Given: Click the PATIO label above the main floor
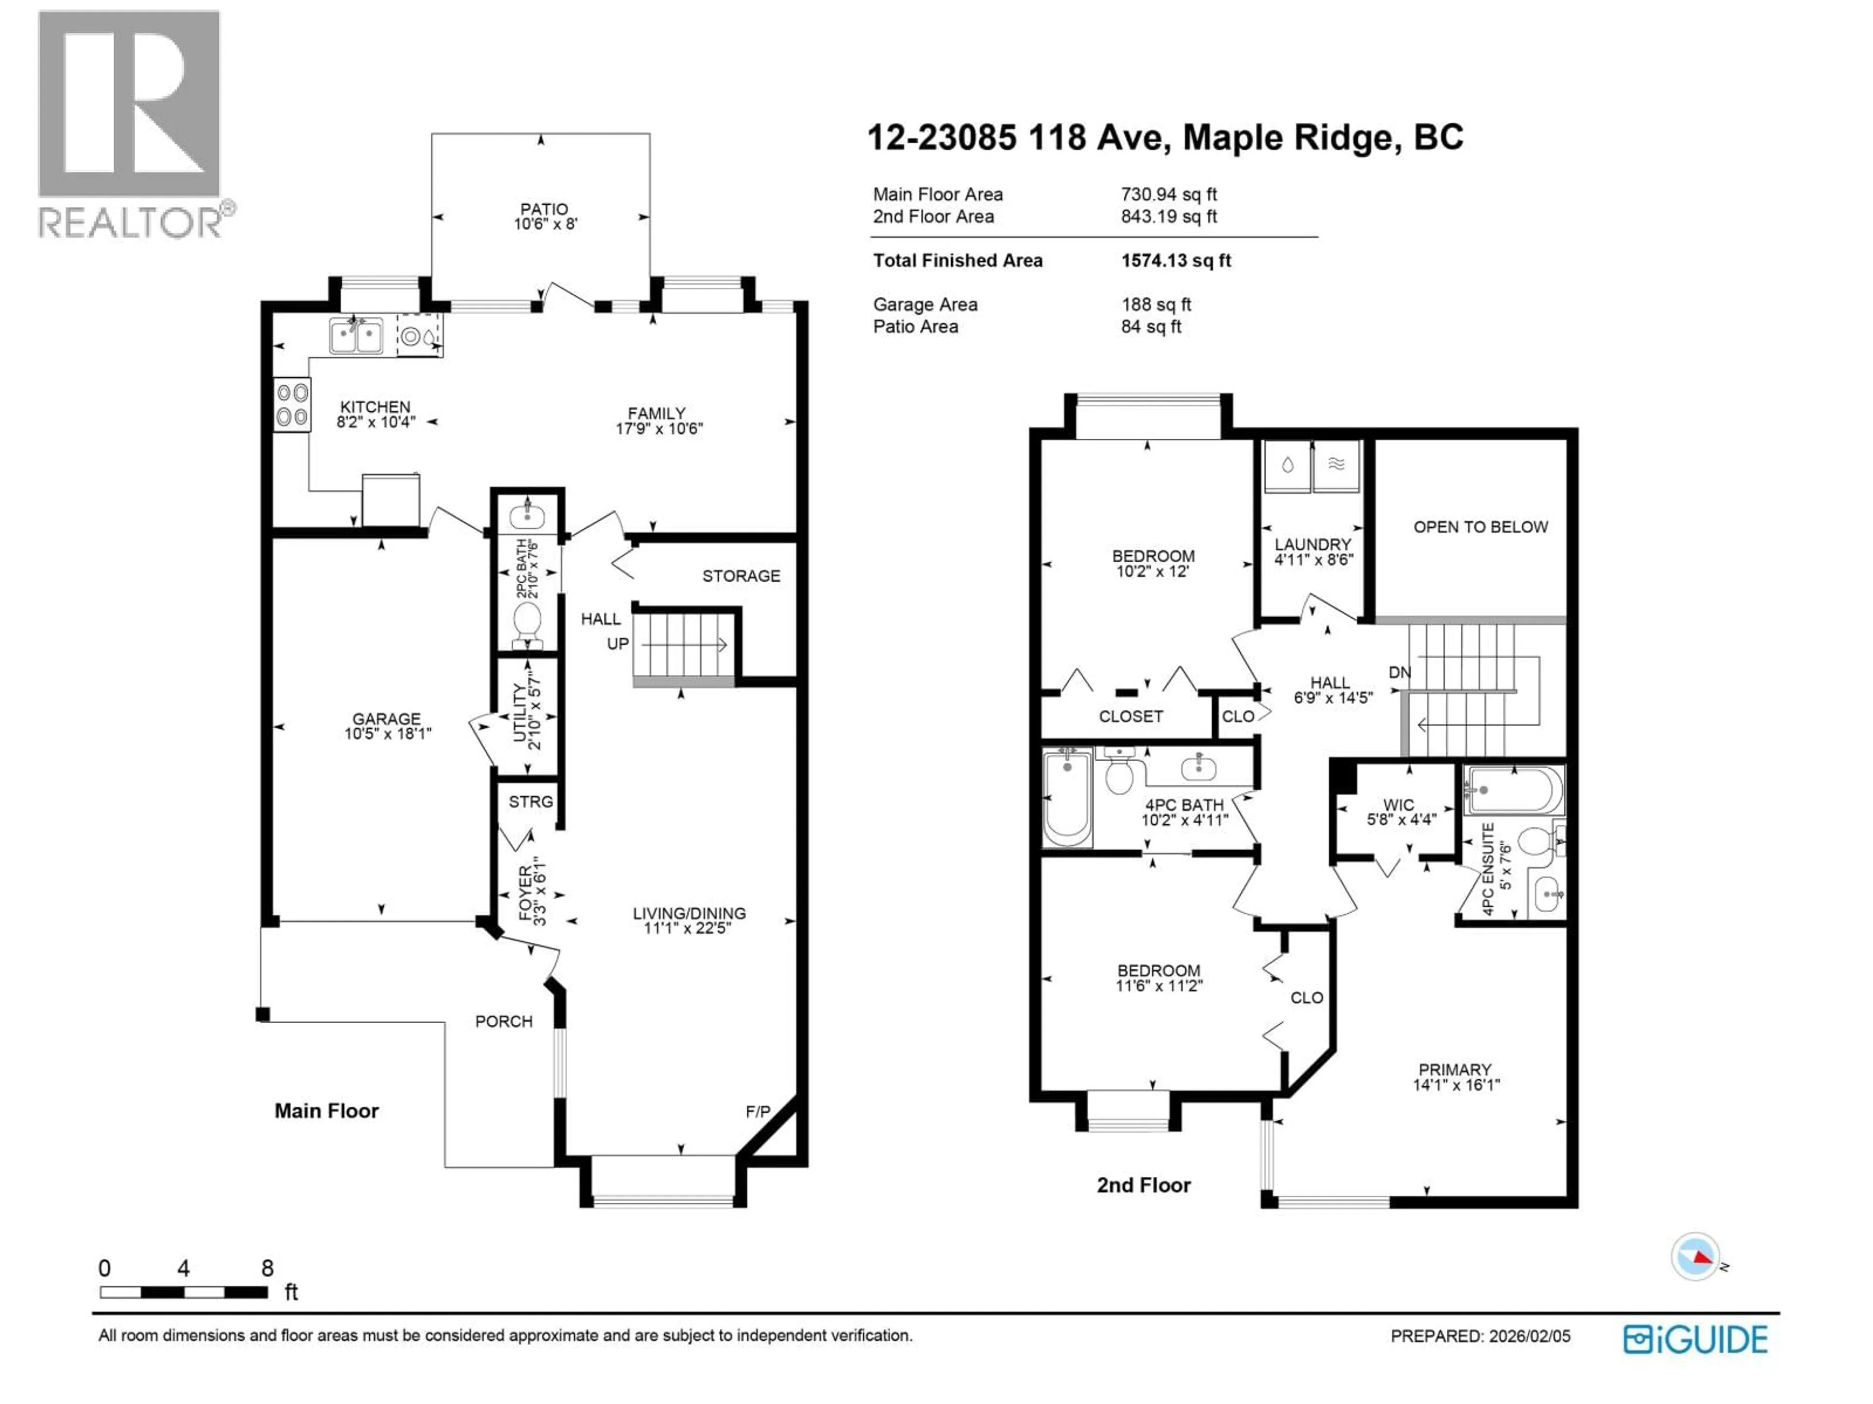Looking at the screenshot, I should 544,209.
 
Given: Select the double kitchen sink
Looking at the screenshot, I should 356,336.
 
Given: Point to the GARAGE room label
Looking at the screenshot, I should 386,719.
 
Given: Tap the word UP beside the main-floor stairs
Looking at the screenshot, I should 618,644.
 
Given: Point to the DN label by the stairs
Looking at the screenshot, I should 1400,672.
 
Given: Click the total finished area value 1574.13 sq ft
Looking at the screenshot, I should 1176,261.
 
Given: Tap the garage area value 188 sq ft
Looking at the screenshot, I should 1156,305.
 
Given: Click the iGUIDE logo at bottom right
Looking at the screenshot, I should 1695,1340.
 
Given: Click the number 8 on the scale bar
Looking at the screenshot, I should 268,1268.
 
